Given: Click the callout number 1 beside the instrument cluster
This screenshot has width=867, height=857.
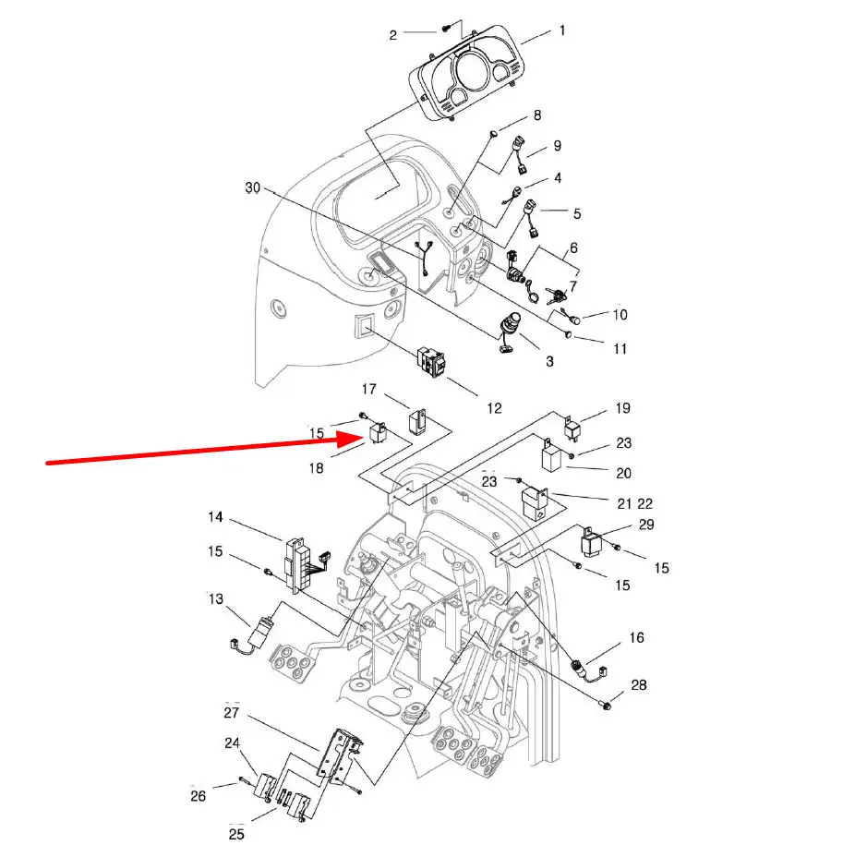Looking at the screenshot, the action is click(x=562, y=30).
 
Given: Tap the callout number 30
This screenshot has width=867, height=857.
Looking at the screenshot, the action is click(x=253, y=188).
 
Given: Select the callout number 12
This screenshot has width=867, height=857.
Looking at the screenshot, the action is click(x=494, y=408).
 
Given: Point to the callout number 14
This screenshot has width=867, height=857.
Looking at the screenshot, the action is click(x=216, y=517).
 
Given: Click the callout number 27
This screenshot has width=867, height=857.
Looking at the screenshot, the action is click(x=232, y=713).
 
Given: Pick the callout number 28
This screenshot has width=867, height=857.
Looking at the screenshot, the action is click(x=639, y=685).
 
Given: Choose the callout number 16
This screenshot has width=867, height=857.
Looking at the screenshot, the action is click(x=637, y=637).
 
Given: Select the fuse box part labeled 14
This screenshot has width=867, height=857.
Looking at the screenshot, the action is click(x=301, y=565).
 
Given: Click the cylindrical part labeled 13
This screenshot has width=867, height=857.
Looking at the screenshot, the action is click(x=259, y=632).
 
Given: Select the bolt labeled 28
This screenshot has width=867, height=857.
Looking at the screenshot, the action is click(x=606, y=705).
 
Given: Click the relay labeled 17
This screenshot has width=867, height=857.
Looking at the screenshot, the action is click(x=417, y=421).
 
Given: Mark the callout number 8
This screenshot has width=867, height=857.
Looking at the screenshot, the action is click(x=537, y=115).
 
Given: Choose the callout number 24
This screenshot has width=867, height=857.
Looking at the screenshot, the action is click(x=233, y=743).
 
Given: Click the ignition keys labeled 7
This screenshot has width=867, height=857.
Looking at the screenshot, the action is click(x=555, y=295).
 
